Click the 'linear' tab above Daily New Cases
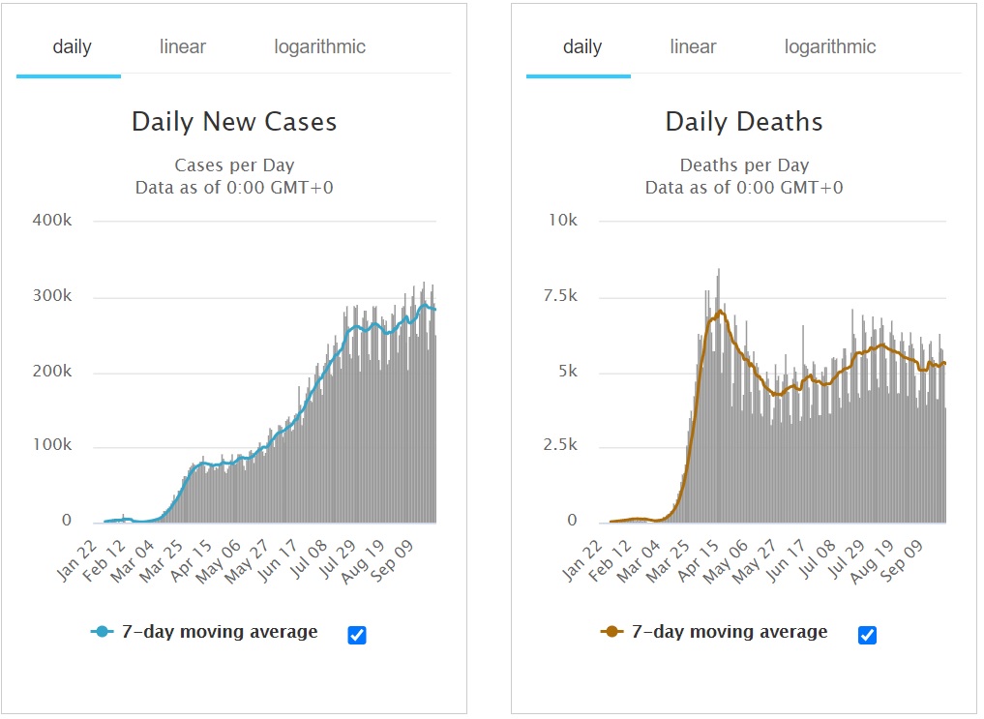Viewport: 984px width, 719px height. point(183,46)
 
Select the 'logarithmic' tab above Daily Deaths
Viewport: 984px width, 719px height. point(830,46)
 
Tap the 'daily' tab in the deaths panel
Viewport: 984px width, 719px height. point(582,46)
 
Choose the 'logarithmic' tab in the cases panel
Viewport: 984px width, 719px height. point(319,46)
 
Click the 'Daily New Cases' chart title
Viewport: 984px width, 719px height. point(234,122)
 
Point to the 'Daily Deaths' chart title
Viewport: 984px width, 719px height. point(744,122)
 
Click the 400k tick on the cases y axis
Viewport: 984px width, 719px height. point(53,221)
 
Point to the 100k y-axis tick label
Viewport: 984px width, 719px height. point(53,446)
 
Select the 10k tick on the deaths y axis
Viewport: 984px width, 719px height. point(563,221)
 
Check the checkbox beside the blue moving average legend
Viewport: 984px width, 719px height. point(356,635)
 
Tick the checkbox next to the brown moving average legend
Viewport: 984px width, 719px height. point(867,635)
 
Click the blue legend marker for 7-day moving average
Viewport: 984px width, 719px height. point(103,632)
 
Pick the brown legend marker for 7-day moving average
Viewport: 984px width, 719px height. point(612,632)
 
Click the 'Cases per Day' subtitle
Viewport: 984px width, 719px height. point(234,165)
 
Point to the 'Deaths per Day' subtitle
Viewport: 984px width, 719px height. point(744,165)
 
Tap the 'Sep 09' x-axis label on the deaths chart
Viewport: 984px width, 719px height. point(905,558)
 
